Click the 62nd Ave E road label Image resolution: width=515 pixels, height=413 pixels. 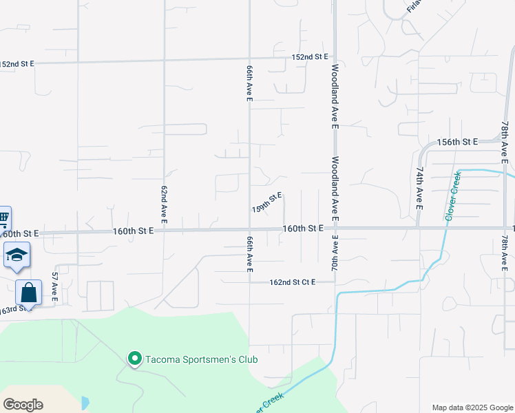click(165, 204)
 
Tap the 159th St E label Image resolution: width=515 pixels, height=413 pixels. click(267, 202)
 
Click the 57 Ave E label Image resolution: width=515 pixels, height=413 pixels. click(55, 288)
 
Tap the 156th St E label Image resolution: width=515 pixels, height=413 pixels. click(457, 142)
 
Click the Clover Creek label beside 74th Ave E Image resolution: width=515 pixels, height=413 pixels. click(452, 196)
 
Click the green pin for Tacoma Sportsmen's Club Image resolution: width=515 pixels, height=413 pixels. click(134, 359)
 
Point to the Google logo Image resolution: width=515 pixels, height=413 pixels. click(23, 405)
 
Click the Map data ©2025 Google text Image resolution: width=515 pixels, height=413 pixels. click(473, 407)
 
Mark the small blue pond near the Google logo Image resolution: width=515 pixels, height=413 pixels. click(85, 403)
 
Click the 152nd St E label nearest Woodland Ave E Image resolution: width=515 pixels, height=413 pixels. click(309, 57)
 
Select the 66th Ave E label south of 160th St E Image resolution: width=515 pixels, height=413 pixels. click(250, 253)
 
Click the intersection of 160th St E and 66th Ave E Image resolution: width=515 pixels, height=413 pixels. click(249, 229)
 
